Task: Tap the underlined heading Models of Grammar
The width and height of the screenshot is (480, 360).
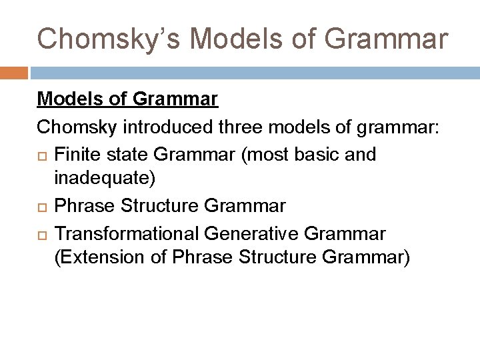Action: (127, 99)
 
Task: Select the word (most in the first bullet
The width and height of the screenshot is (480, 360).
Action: (266, 154)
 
